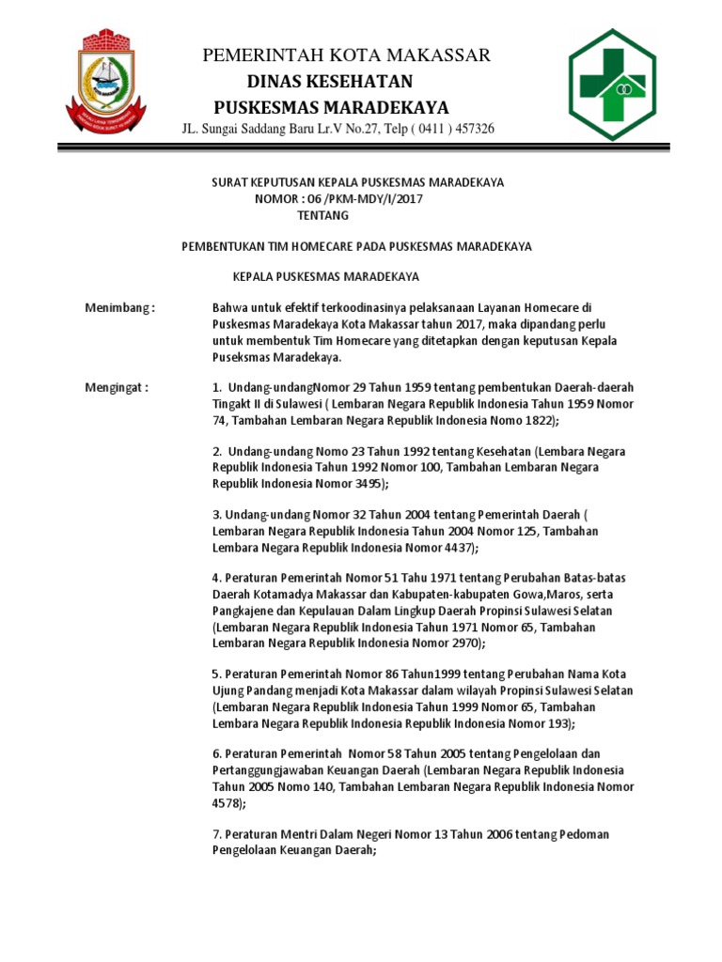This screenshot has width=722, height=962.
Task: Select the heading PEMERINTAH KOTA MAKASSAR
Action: click(x=346, y=56)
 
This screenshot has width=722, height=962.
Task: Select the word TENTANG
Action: click(x=322, y=215)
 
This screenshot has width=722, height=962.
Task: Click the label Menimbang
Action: click(x=118, y=307)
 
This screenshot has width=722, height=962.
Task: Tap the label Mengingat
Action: click(x=117, y=387)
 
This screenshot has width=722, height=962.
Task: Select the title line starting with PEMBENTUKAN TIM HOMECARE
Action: click(x=356, y=246)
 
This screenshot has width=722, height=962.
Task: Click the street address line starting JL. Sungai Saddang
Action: click(x=338, y=129)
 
